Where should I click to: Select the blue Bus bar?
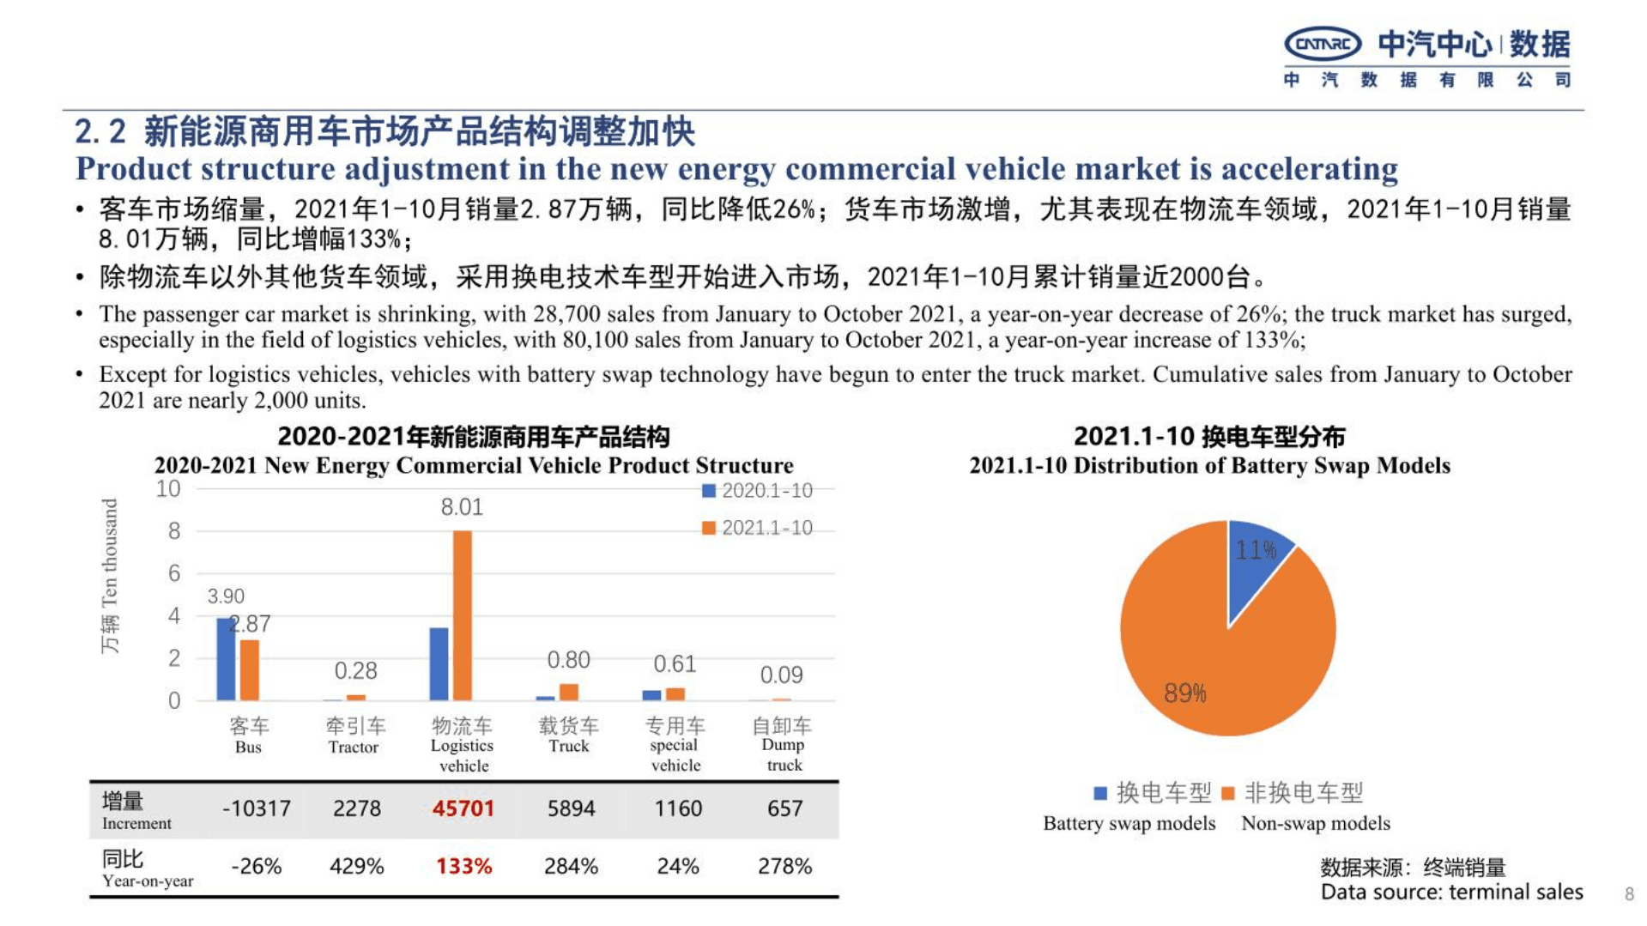(226, 658)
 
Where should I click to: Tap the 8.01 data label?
(462, 507)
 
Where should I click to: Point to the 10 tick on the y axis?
(168, 489)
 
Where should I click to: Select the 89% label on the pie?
(1185, 693)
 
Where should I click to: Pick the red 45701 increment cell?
(463, 808)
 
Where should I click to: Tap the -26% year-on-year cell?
(256, 866)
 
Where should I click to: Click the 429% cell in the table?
(356, 866)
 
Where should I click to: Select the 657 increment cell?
(784, 808)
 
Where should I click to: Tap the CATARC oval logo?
(1323, 44)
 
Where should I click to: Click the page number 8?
(1629, 894)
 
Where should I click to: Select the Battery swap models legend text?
(1129, 823)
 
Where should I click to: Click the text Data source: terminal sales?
(1451, 893)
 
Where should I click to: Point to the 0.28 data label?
(355, 670)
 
